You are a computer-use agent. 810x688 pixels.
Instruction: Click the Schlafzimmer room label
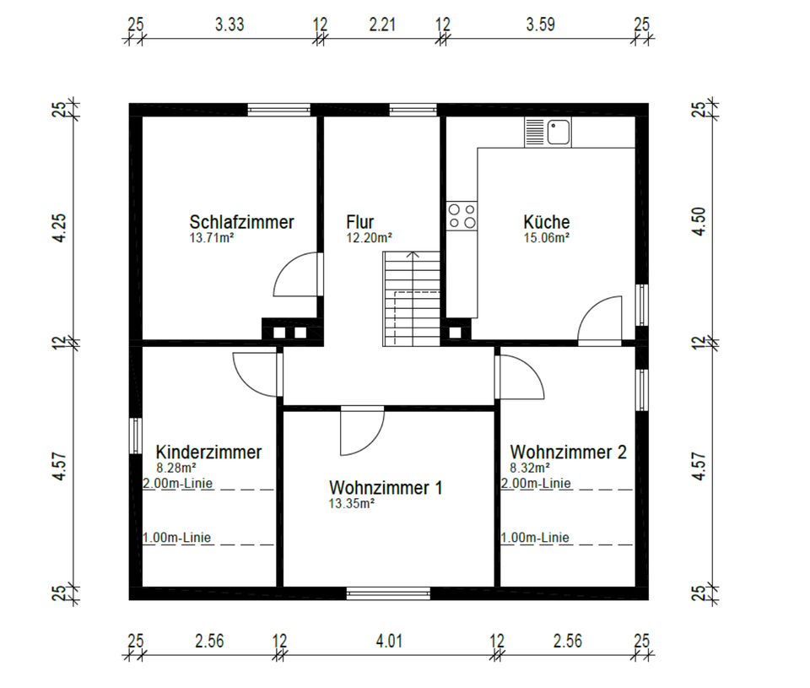point(241,222)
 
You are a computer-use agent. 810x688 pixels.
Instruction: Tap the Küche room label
point(547,222)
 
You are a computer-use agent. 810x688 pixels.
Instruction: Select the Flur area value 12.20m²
point(369,238)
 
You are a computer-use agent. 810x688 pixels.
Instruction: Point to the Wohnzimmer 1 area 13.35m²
point(351,503)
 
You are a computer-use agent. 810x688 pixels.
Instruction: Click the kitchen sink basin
point(559,133)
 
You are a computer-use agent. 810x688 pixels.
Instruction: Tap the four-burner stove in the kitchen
point(462,216)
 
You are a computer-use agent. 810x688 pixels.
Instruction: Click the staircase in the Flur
point(411,299)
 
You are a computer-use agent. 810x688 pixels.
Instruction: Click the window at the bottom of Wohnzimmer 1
point(388,593)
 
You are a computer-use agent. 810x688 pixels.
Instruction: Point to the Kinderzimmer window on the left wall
point(135,436)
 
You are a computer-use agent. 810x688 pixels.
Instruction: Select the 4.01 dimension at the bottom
point(389,641)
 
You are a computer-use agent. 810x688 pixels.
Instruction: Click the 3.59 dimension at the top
point(540,24)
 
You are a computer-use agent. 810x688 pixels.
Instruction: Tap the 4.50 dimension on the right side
point(699,222)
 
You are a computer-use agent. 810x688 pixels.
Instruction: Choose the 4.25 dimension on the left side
point(60,228)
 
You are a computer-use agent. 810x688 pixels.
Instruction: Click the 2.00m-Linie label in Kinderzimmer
point(178,484)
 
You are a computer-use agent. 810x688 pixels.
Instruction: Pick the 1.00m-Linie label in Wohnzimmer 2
point(535,538)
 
